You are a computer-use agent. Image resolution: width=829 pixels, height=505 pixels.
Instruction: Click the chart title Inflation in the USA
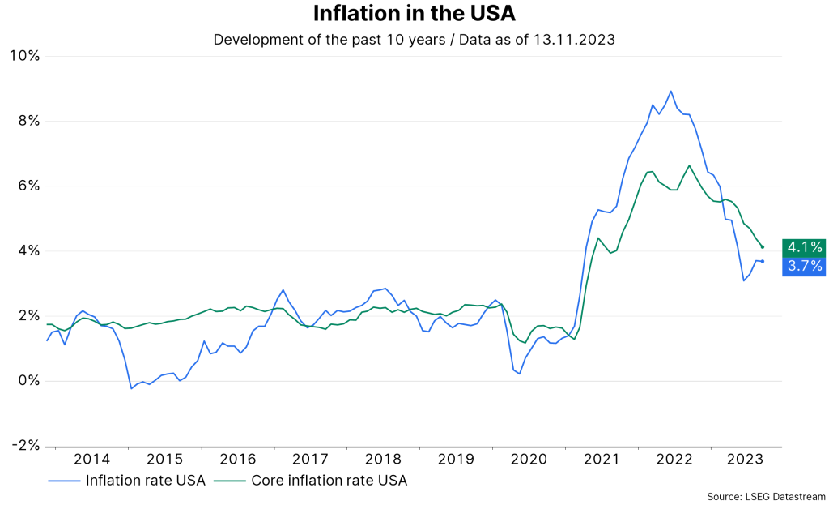(414, 15)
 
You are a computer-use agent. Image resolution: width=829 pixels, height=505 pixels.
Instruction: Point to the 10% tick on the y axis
(24, 56)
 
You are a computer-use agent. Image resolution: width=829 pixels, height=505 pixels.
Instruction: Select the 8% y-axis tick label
(28, 121)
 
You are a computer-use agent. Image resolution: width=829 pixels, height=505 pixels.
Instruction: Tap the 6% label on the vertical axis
(28, 186)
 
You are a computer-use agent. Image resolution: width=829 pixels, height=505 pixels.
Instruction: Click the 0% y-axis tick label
(28, 381)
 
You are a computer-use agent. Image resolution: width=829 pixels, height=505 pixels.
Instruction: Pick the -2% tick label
(25, 446)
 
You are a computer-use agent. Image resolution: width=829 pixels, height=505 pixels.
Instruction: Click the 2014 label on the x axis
(92, 459)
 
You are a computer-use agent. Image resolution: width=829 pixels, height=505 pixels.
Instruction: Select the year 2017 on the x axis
(310, 459)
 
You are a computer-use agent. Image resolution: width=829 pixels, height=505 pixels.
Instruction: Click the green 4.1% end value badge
(803, 247)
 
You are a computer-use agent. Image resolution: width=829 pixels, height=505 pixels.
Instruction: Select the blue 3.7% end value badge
(803, 267)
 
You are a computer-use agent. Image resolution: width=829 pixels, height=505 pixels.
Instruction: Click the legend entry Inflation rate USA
(145, 480)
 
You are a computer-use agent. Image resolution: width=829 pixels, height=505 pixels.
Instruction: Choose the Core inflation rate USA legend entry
(329, 480)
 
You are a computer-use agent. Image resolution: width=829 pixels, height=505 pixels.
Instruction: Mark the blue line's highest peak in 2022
(671, 92)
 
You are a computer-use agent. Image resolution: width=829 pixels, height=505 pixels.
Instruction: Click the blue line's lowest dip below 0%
(131, 388)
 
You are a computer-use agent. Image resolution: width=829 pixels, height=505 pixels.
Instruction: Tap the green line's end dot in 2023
(763, 247)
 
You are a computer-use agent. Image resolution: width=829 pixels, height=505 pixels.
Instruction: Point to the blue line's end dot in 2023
(763, 261)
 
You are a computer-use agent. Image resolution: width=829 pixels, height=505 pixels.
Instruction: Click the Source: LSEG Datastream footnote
(765, 495)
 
